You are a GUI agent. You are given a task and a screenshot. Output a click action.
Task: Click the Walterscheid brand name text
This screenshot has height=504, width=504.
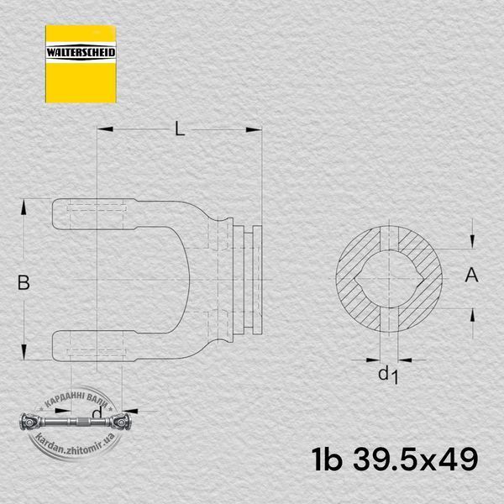click(81, 52)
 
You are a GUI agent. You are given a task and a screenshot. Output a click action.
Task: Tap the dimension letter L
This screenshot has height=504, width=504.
click(180, 129)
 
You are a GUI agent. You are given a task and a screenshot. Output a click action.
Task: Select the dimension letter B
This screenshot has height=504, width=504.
click(24, 282)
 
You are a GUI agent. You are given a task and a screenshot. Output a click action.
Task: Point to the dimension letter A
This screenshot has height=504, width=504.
click(471, 276)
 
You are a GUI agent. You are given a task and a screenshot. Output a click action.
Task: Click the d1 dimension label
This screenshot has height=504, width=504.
click(388, 375)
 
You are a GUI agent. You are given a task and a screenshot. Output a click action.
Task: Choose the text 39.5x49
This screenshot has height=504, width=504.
click(416, 459)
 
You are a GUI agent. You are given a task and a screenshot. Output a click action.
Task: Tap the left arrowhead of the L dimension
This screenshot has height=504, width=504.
click(105, 129)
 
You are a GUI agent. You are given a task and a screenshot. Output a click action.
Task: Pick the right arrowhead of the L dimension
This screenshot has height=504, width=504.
click(254, 129)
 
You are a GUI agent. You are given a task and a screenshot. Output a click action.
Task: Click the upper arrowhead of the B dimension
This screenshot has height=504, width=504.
click(24, 207)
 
